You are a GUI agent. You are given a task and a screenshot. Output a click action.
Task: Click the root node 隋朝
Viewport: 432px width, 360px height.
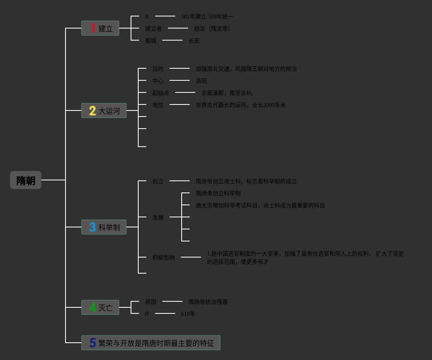coord(26,180)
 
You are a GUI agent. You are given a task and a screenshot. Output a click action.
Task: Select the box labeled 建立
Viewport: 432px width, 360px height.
coord(100,28)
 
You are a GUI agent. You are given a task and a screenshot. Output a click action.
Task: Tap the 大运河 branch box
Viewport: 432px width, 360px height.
coord(104,110)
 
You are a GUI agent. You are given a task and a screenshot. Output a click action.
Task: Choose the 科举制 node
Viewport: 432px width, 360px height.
coord(104,227)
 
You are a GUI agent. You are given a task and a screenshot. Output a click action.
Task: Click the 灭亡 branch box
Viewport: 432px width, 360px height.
coord(100,307)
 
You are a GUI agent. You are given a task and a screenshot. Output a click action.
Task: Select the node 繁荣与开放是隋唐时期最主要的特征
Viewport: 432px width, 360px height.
coord(151,343)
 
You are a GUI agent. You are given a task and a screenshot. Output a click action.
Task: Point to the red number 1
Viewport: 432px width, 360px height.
coord(93,28)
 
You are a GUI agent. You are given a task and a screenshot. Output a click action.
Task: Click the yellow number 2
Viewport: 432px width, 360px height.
coord(92,110)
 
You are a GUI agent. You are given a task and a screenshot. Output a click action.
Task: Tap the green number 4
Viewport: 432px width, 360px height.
coord(92,307)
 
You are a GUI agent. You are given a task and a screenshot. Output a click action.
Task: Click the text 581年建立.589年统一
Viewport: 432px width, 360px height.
coord(207,16)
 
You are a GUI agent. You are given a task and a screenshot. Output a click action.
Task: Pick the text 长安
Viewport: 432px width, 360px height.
coord(194,41)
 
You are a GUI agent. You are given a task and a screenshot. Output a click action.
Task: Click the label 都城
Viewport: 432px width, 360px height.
coord(151,41)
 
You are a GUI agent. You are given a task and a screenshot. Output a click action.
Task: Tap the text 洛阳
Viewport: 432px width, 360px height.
coord(201,81)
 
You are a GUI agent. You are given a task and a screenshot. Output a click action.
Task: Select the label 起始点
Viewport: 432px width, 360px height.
coord(161,93)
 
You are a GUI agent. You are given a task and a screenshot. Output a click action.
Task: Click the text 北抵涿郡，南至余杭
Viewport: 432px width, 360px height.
coord(227,93)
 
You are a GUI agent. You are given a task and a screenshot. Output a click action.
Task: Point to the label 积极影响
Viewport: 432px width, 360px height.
coord(164,258)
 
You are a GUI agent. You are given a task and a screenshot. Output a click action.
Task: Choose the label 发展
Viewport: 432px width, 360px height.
coord(158,217)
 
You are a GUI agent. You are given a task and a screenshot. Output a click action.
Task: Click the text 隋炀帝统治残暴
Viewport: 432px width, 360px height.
coord(208,302)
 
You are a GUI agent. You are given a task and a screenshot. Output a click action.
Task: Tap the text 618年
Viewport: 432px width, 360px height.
coord(188,314)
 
